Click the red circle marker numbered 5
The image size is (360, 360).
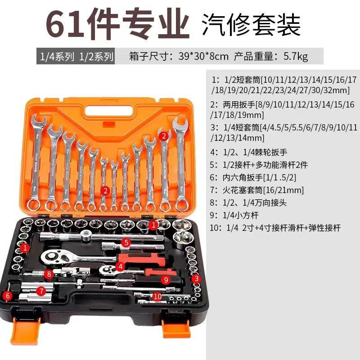[x=126, y=243]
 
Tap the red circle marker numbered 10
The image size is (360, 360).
[x=157, y=297]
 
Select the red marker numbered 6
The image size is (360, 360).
[x=7, y=296]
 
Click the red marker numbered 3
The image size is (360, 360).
[x=196, y=279]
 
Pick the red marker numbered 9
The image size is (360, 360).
[x=166, y=279]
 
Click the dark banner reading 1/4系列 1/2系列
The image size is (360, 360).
[x=75, y=57]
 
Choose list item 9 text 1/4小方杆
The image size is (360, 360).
[x=241, y=215]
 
